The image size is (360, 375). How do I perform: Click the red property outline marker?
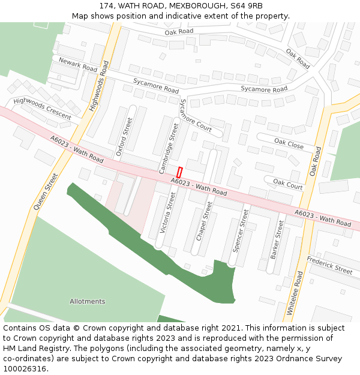179,172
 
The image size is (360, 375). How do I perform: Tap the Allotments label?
87,301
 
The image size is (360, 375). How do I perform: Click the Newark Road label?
78,65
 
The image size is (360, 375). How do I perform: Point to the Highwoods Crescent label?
42,109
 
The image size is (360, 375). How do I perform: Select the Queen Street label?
46,191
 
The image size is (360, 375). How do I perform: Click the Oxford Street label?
124,137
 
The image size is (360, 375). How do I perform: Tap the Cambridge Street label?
169,148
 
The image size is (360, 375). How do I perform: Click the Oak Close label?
289,143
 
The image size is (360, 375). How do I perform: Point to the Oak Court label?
288,184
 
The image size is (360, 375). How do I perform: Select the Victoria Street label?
166,212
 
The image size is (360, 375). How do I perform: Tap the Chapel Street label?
205,221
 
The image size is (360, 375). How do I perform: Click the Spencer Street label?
240,230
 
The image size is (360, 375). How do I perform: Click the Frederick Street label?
329,265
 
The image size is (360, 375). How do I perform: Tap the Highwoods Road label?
100,86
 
